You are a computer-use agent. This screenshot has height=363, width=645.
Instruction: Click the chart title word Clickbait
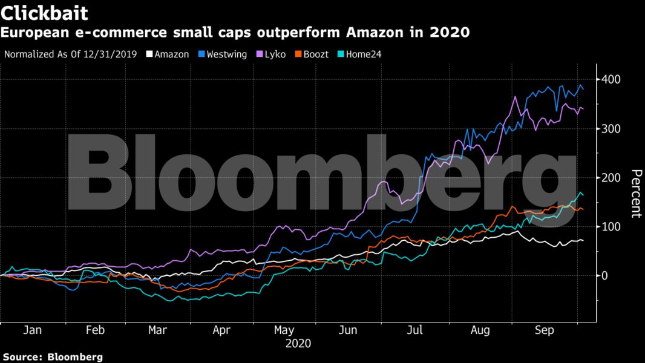[x=45, y=13]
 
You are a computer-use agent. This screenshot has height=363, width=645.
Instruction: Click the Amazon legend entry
[x=172, y=54]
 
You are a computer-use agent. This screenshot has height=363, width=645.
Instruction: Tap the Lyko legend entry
[x=273, y=54]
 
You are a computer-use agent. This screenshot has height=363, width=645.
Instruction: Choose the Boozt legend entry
[x=315, y=54]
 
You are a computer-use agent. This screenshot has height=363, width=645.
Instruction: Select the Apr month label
[x=222, y=330]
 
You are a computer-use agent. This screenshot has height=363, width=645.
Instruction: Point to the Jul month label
[x=415, y=330]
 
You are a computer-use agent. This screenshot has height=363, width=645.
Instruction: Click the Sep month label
[x=545, y=330]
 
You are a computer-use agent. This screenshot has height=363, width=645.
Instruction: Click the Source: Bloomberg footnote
[x=53, y=357]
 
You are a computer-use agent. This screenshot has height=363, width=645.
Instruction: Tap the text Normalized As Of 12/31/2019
[x=72, y=54]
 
